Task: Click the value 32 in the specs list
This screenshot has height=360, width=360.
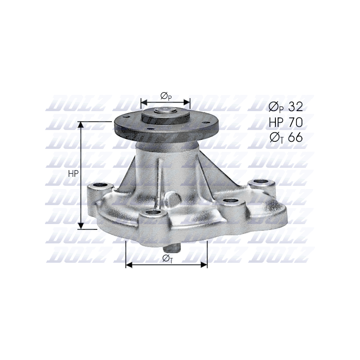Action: tap(296, 107)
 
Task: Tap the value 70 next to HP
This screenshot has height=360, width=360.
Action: tap(296, 122)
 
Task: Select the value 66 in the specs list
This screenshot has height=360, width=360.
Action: tap(296, 137)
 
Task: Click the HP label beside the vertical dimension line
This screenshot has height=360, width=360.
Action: tap(73, 174)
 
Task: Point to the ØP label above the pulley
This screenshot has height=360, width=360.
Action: tap(166, 96)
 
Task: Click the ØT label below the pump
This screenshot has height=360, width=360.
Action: tap(167, 258)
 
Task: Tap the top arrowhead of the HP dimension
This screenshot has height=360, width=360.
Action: tap(81, 125)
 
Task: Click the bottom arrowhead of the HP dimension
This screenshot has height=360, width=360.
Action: tap(81, 226)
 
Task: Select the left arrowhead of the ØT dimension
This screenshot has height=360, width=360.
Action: tap(129, 265)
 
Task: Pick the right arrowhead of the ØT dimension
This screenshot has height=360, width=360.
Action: tap(204, 265)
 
